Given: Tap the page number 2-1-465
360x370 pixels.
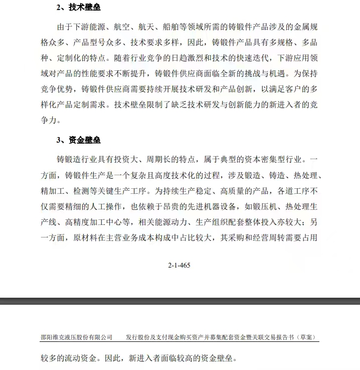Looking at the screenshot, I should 179,265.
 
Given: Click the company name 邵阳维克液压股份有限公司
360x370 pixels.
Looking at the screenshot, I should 76,337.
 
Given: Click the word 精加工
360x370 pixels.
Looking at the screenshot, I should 54,191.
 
